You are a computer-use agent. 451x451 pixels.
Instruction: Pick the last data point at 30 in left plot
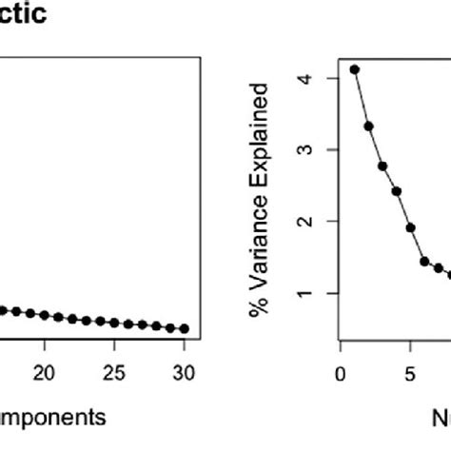click(185, 328)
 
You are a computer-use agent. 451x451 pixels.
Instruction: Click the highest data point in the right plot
click(355, 69)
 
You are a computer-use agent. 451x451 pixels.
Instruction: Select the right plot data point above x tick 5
click(410, 227)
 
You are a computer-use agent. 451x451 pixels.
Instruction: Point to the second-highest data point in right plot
click(368, 126)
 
